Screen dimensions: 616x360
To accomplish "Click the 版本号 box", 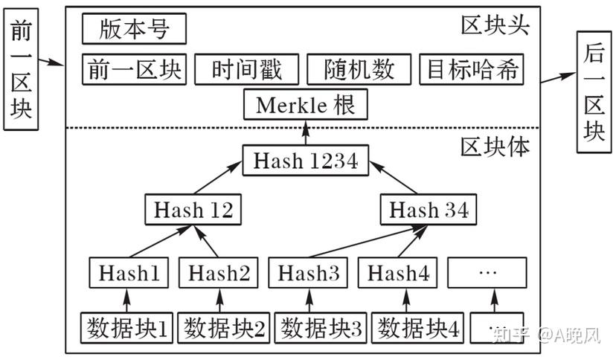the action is point(134,29).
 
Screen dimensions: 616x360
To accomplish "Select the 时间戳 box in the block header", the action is point(247,69).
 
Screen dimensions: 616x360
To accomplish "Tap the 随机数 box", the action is point(359,69).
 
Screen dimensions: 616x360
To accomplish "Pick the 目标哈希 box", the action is point(472,69).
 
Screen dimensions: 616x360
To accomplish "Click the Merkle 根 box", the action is point(306,104).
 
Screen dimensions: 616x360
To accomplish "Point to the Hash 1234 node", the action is point(306,160).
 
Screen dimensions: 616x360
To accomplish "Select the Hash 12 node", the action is point(193,209).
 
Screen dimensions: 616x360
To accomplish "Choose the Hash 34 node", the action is point(429,209).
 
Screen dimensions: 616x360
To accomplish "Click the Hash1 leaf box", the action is point(129,273).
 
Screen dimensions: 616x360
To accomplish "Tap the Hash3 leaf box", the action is point(308,273).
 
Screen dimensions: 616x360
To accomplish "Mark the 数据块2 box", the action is point(223,328).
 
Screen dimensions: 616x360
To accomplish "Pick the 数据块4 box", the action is point(417,328).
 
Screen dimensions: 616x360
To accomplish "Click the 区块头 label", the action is point(495,25).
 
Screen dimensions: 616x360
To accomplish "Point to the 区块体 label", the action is point(495,147).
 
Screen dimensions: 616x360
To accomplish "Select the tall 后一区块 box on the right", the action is point(594,92).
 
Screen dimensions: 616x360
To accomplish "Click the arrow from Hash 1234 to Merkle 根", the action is point(306,132).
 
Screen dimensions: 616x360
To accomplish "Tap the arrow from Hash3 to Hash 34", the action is point(368,242).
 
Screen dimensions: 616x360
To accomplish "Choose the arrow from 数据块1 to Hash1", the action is point(126,300).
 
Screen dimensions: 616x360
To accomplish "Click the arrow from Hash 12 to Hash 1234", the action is point(218,178).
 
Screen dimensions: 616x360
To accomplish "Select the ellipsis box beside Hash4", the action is point(487,273).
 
